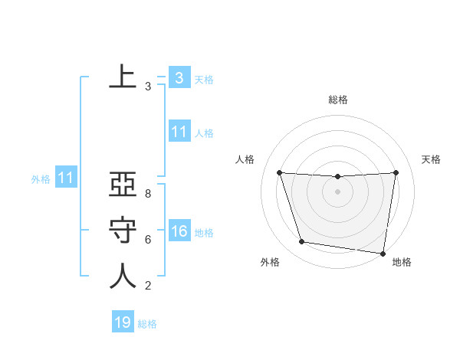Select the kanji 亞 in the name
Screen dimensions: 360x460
point(123,186)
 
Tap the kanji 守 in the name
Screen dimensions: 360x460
point(123,230)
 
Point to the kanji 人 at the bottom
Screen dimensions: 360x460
point(123,276)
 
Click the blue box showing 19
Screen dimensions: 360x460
point(123,322)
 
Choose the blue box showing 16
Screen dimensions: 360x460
point(179,231)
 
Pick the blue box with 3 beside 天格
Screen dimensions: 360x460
point(179,78)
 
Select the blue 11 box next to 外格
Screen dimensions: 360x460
point(65,178)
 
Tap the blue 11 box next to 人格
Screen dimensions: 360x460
point(179,132)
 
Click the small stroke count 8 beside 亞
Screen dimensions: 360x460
point(148,194)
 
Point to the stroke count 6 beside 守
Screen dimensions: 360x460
point(148,240)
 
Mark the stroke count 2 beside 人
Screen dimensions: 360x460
point(148,286)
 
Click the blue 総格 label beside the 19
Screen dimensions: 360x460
point(147,324)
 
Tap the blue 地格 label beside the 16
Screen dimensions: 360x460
point(204,232)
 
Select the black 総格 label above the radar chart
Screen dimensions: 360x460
point(338,100)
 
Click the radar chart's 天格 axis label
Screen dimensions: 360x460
point(431,159)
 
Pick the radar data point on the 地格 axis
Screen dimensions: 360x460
point(383,253)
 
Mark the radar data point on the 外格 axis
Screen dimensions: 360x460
point(302,242)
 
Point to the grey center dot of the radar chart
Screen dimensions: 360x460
point(337,191)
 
